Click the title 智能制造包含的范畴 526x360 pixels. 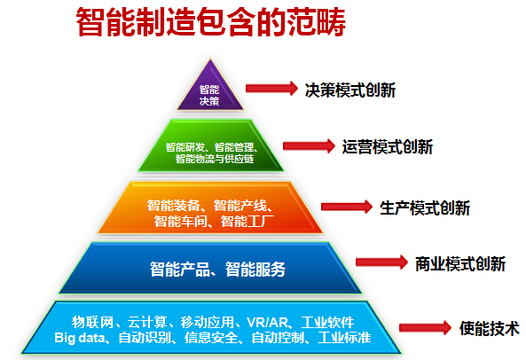[211, 22]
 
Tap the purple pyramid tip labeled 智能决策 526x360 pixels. [210, 90]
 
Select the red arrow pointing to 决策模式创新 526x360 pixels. [271, 89]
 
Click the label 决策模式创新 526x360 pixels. [349, 90]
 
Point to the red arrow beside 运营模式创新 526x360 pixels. [309, 145]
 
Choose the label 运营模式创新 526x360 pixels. [388, 147]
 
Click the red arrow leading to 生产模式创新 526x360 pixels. [347, 207]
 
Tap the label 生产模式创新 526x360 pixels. [425, 208]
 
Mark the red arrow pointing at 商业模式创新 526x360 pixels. [381, 262]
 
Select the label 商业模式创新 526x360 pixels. [460, 264]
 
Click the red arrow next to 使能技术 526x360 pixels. [425, 327]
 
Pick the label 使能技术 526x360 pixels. [490, 328]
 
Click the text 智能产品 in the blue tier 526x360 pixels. [180, 270]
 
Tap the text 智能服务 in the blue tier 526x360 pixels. [255, 270]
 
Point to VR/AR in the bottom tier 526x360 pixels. [267, 323]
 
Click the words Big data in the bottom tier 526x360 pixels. [80, 338]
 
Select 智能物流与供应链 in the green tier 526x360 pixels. [215, 159]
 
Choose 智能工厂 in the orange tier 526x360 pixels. [247, 221]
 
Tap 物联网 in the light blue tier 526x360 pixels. [92, 323]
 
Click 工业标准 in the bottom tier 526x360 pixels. [344, 338]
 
